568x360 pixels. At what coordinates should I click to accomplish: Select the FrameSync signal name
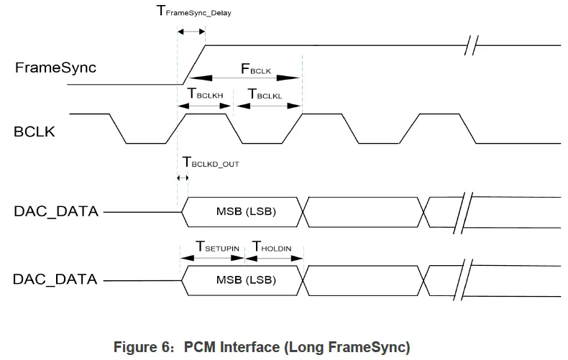tap(55, 68)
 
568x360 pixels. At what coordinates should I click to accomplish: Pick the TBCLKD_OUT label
tap(210, 162)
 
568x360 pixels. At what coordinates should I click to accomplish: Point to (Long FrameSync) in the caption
tap(347, 348)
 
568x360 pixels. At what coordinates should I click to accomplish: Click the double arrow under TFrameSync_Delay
tap(191, 32)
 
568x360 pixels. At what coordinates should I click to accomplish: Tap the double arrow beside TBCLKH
tap(205, 105)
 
